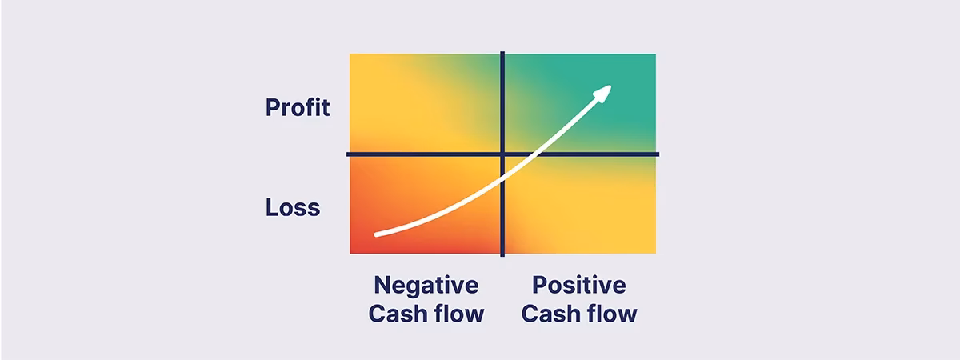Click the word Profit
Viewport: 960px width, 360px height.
298,107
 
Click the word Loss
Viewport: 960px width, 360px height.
293,207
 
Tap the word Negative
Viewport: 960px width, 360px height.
426,286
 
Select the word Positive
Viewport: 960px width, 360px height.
579,285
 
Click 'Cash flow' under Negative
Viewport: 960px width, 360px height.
426,314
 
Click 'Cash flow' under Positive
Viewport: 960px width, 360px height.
579,314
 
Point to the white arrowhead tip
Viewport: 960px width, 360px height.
611,86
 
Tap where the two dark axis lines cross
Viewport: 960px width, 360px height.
502,154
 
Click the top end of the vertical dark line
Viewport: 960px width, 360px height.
502,52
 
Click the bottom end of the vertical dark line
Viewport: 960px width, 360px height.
502,256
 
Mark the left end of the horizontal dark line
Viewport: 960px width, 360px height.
347,154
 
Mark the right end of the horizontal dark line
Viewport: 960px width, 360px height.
658,154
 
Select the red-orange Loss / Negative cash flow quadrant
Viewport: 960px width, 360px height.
425,205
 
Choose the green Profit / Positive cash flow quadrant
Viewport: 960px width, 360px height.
580,103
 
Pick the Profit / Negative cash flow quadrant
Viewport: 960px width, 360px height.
425,103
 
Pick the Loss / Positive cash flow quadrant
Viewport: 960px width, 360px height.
580,205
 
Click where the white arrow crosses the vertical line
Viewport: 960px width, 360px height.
502,180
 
